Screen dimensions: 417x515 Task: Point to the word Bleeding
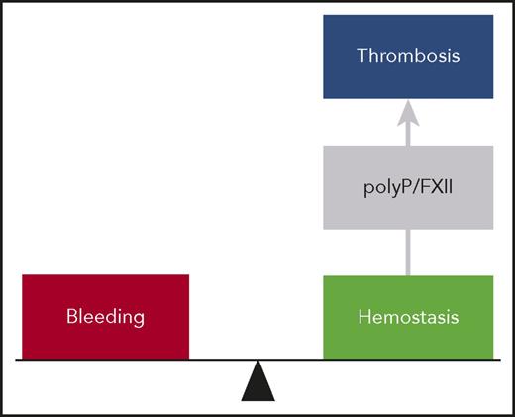[x=105, y=318]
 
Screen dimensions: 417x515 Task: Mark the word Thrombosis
[x=408, y=56]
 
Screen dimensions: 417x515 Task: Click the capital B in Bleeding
[x=72, y=318]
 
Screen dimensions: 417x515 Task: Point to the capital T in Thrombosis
[x=361, y=56]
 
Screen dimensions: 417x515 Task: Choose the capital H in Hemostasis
[x=362, y=318]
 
